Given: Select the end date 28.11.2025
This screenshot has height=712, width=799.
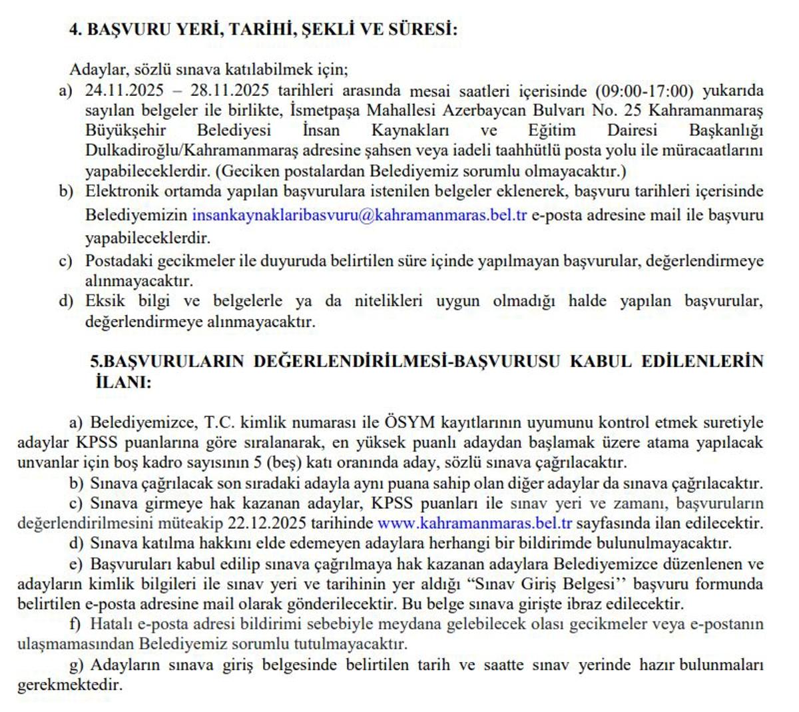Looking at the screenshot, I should coord(229,91).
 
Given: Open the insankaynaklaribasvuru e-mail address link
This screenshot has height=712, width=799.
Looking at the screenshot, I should coord(360,215).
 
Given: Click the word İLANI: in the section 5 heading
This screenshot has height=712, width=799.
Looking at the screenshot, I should coord(124,382).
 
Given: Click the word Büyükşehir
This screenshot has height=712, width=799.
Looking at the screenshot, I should coord(125,130).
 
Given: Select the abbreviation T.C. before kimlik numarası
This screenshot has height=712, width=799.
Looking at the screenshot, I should coord(219,422).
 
